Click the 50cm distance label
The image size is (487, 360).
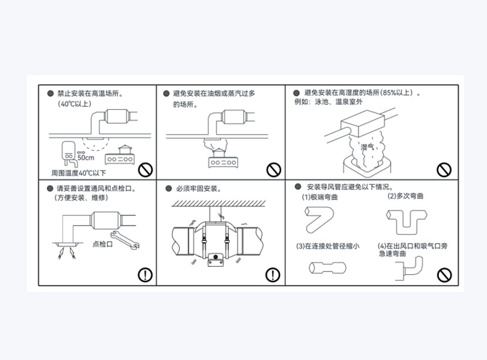coord(86,158)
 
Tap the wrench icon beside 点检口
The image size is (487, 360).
coord(125,240)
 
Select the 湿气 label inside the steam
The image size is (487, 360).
coord(367,147)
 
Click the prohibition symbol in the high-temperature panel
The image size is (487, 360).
coord(146,170)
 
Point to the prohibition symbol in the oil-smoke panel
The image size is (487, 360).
coord(273,170)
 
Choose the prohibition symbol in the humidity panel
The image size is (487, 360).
coord(444,170)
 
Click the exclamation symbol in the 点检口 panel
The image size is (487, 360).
coord(145,274)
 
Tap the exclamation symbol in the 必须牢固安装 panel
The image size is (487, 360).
coord(273,274)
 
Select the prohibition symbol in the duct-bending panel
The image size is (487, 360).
coord(444,275)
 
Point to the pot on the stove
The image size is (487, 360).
coord(125,150)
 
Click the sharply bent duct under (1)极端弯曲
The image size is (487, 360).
coord(319,220)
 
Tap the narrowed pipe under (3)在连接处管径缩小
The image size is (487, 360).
coord(327,267)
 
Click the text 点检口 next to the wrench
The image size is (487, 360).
coord(103,244)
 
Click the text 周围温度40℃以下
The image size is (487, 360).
coord(79,173)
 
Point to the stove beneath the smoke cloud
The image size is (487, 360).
coord(224,162)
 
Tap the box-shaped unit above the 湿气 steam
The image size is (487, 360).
coord(363,124)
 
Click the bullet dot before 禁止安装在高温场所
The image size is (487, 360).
coord(50,93)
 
